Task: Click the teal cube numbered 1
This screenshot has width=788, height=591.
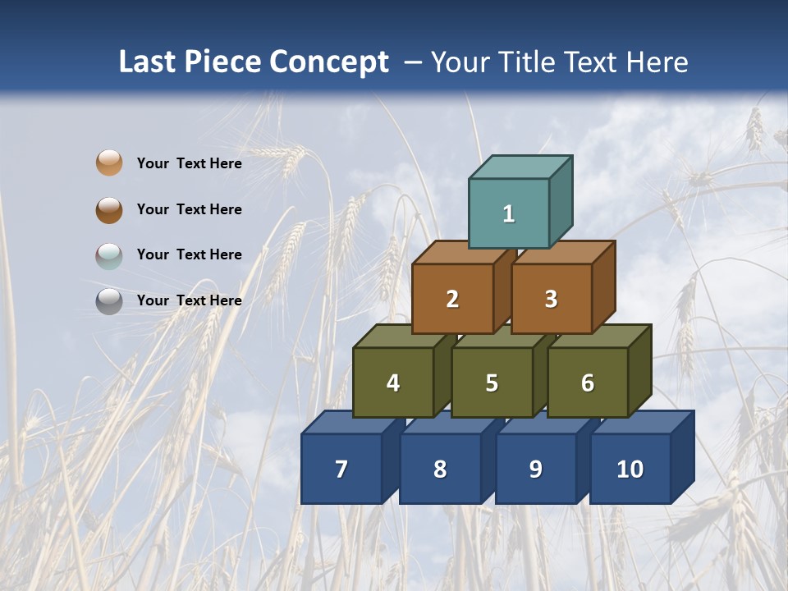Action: click(x=509, y=213)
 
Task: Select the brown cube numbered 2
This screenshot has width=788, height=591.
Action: click(x=452, y=299)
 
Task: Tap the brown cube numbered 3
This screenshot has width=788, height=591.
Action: click(x=551, y=299)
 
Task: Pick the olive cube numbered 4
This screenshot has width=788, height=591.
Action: click(x=393, y=383)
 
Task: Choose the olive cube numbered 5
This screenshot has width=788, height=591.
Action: click(x=492, y=383)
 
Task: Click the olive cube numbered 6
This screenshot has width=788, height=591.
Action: click(x=588, y=383)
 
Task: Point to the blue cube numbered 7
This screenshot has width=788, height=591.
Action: click(x=341, y=469)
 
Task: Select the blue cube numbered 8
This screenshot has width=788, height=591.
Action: click(x=440, y=469)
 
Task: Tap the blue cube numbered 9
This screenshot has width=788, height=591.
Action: click(x=535, y=469)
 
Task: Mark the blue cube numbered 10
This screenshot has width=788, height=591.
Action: click(x=630, y=469)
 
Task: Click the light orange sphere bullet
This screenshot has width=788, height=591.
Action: click(x=109, y=163)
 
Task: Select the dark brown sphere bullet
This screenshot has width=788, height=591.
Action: click(x=109, y=209)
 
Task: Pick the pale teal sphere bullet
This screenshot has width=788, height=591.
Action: click(x=109, y=255)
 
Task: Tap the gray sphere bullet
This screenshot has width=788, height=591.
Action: click(x=109, y=301)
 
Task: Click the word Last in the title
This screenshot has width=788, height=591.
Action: click(x=149, y=62)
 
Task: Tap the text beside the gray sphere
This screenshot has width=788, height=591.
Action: click(x=190, y=300)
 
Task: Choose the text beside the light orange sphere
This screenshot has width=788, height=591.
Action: click(x=190, y=163)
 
